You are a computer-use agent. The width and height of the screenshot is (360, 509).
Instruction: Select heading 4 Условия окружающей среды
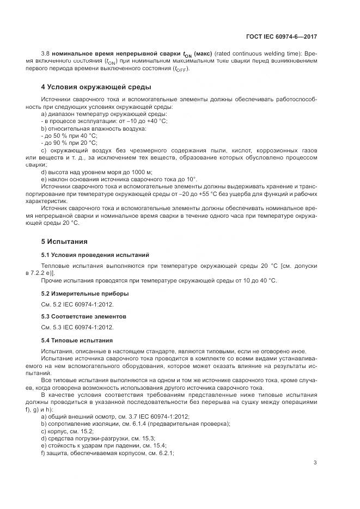[x=96, y=87]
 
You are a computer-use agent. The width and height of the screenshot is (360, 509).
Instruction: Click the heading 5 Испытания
[x=64, y=241]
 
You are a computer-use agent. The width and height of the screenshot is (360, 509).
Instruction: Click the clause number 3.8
[x=46, y=54]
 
